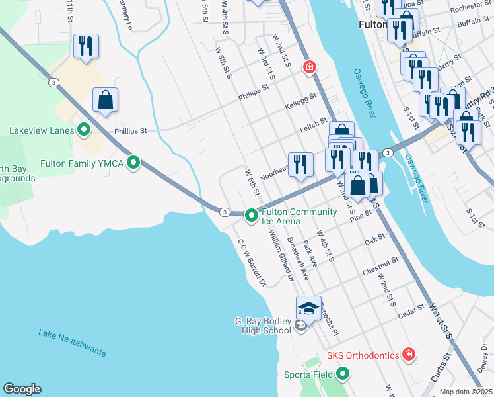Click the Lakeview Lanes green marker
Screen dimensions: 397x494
pos(84,130)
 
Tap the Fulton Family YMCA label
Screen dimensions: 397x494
pos(82,163)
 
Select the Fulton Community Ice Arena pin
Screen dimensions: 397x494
pos(251,215)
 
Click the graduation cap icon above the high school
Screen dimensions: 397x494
pos(308,308)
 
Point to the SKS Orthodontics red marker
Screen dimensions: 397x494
pos(409,355)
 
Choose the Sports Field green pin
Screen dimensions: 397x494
pos(342,375)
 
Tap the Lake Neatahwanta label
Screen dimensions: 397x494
pos(72,343)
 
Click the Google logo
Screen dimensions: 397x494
pos(22,389)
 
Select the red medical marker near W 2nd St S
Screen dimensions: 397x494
pos(308,67)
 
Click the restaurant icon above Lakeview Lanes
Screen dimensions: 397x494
pos(86,46)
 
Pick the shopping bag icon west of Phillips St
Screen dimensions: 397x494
pos(106,100)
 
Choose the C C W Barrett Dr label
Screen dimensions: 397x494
pos(251,263)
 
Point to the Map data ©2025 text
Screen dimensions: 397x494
pos(466,392)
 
